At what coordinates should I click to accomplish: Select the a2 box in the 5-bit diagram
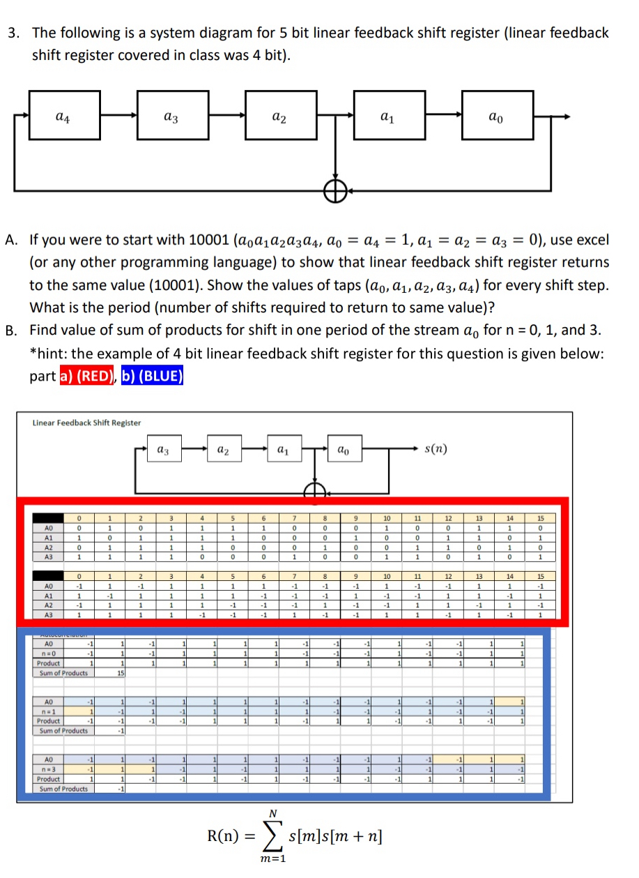(x=277, y=119)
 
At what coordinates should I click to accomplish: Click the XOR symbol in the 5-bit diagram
(x=338, y=189)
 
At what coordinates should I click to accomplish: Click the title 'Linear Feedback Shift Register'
(x=86, y=423)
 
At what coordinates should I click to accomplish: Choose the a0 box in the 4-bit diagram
(x=344, y=453)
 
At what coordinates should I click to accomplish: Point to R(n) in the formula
(x=224, y=835)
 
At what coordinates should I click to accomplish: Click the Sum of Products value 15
(x=121, y=673)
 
